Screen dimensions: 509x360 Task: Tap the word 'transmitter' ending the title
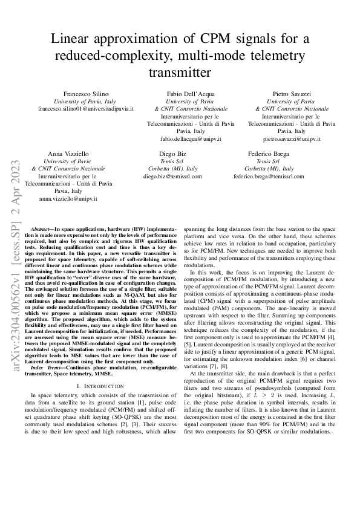click(x=180, y=73)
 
